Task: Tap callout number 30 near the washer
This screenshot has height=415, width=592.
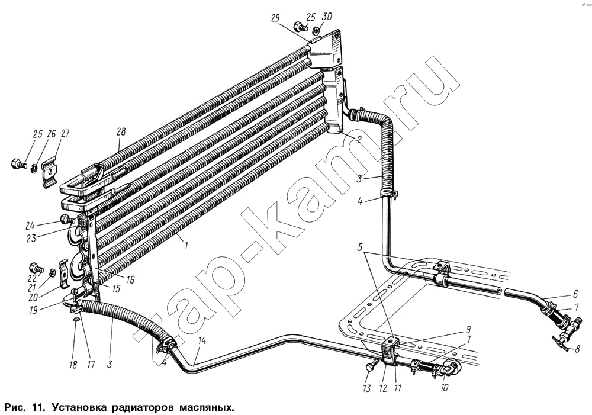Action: pyautogui.click(x=327, y=17)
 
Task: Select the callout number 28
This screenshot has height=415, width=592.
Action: pyautogui.click(x=121, y=132)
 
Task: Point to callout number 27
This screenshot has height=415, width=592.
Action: pyautogui.click(x=65, y=134)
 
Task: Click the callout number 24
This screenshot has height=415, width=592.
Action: pyautogui.click(x=30, y=226)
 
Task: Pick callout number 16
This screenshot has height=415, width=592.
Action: pyautogui.click(x=130, y=280)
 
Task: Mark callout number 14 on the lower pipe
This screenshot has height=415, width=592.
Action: pyautogui.click(x=202, y=340)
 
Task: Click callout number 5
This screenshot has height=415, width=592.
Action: pyautogui.click(x=360, y=247)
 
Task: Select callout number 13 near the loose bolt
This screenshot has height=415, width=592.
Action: pyautogui.click(x=366, y=388)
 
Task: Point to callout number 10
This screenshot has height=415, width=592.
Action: pyautogui.click(x=444, y=388)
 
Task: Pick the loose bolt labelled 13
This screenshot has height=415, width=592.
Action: pyautogui.click(x=372, y=364)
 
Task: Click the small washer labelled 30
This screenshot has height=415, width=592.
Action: pyautogui.click(x=316, y=30)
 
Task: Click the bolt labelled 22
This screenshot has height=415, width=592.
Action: pyautogui.click(x=37, y=269)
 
